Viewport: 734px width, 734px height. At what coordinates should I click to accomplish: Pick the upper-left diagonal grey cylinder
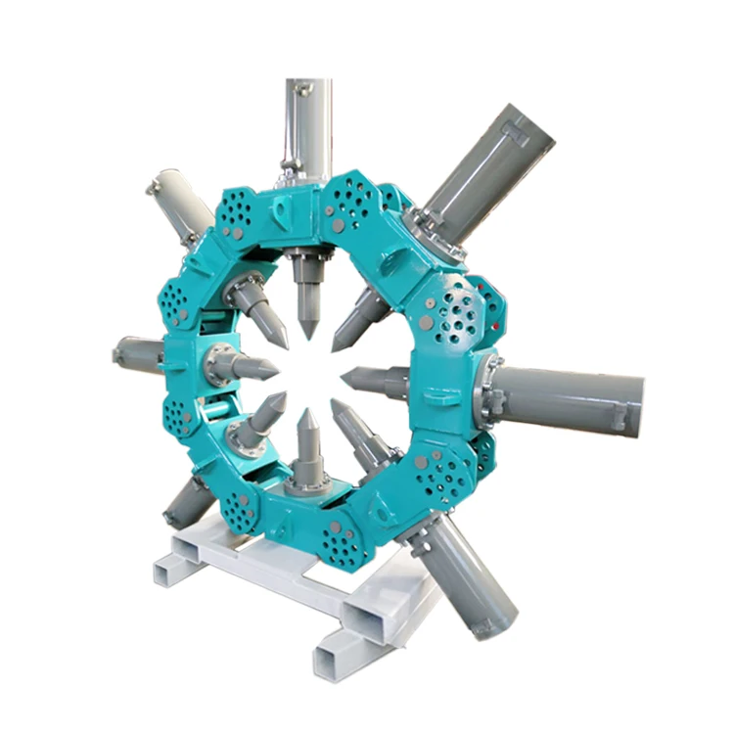click(x=181, y=201)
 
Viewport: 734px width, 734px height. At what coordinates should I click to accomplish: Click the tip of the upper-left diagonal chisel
click(x=287, y=345)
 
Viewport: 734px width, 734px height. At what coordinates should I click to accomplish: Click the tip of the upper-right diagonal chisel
click(x=336, y=348)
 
